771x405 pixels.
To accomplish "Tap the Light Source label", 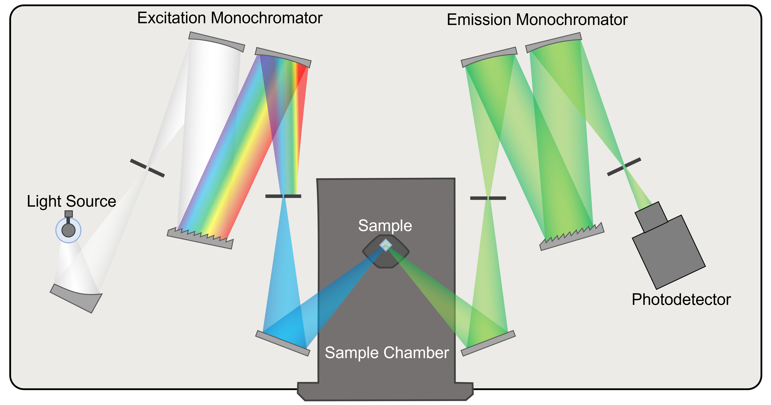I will (x=71, y=201).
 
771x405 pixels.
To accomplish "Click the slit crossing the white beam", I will (x=147, y=168).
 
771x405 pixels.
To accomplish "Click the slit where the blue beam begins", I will (x=283, y=196).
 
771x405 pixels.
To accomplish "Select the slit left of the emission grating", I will (x=488, y=198).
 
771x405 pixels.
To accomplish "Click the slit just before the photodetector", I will (x=624, y=167).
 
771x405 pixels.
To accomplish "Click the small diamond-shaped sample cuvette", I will (x=386, y=245).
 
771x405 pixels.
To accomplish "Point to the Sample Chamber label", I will (x=387, y=353).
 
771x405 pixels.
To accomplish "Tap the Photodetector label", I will (x=681, y=299).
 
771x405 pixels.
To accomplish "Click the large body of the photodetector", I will (x=669, y=253).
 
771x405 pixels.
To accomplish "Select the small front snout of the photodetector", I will (x=651, y=217).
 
